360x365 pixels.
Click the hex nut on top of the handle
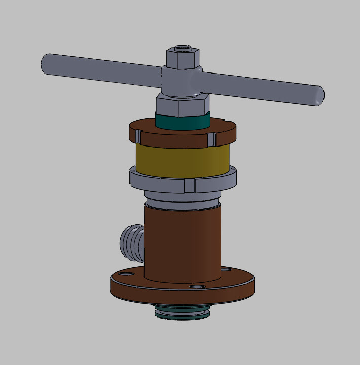coord(183,59)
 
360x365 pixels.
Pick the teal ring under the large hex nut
coord(182,122)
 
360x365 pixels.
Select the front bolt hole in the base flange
coord(196,287)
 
